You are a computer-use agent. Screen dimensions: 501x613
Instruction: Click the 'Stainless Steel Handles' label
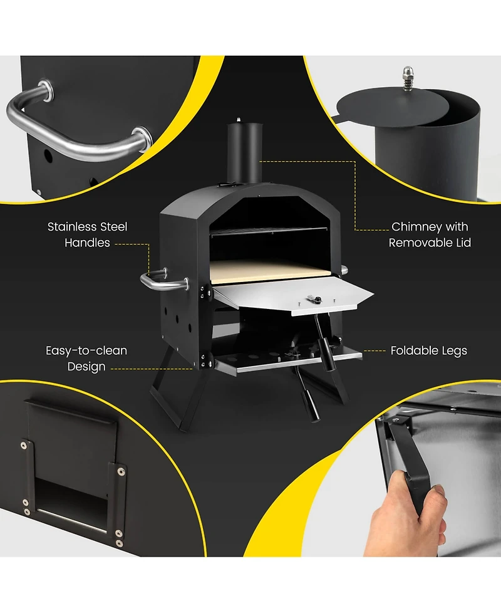click(88, 234)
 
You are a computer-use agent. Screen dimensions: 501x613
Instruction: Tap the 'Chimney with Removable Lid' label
click(430, 234)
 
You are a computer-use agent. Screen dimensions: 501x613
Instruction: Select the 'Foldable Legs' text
click(429, 350)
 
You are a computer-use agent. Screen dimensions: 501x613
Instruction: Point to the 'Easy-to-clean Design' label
click(86, 359)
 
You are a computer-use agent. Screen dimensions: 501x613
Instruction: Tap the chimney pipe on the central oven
click(245, 152)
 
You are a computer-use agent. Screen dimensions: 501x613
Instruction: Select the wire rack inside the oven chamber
click(269, 231)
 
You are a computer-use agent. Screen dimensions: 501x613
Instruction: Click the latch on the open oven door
click(314, 299)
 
